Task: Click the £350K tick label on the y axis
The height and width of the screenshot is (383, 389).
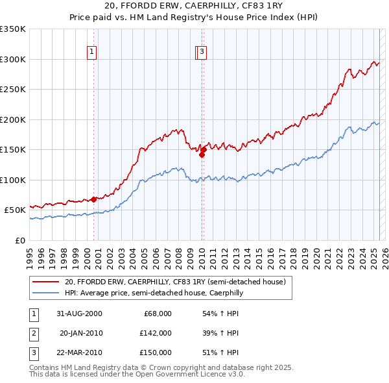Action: click(x=13, y=29)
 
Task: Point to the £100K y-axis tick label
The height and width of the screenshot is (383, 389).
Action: click(x=13, y=180)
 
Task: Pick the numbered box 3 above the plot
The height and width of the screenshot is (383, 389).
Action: click(x=202, y=53)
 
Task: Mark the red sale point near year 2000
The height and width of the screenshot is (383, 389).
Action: click(x=94, y=199)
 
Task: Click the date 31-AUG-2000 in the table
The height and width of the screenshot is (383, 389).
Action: click(x=79, y=314)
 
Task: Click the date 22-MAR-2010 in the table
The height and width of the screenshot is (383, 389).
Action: click(x=79, y=352)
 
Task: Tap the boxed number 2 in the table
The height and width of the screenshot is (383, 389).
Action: click(x=32, y=333)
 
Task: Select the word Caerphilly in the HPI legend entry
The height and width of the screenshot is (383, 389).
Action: click(x=224, y=293)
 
